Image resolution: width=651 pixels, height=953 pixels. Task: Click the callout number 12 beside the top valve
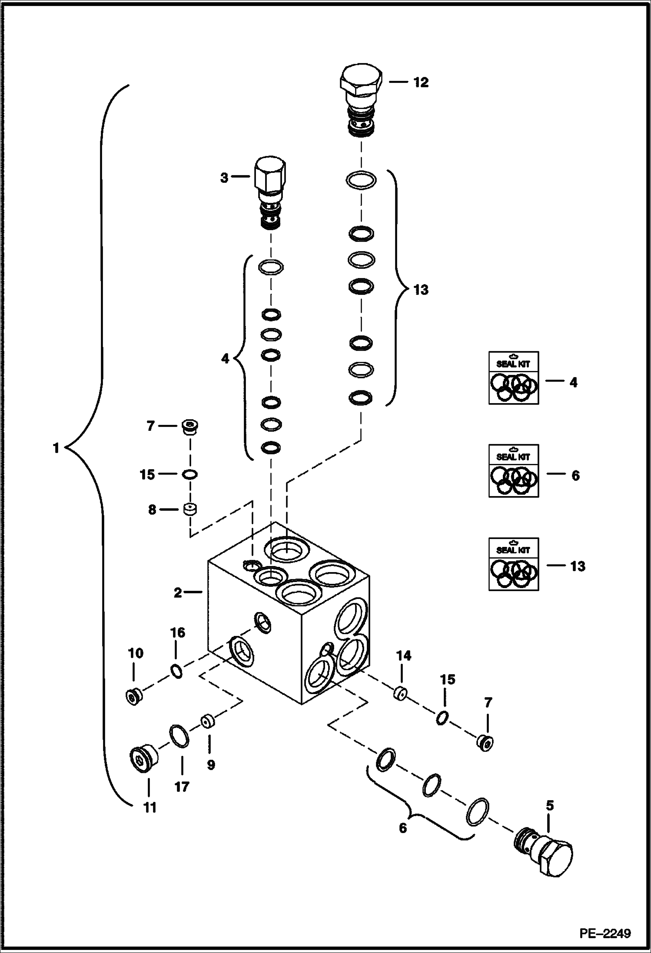(420, 83)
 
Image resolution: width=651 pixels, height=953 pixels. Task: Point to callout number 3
(224, 178)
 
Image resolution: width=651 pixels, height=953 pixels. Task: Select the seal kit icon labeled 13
(514, 564)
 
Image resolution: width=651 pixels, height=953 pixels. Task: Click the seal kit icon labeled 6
(514, 470)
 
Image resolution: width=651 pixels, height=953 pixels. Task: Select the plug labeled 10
(133, 697)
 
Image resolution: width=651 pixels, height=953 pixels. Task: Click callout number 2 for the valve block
(178, 593)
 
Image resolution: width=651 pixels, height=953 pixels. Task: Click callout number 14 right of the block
(403, 655)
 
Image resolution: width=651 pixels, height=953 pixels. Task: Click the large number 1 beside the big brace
(56, 448)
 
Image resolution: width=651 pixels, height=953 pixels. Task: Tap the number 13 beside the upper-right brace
(421, 290)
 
